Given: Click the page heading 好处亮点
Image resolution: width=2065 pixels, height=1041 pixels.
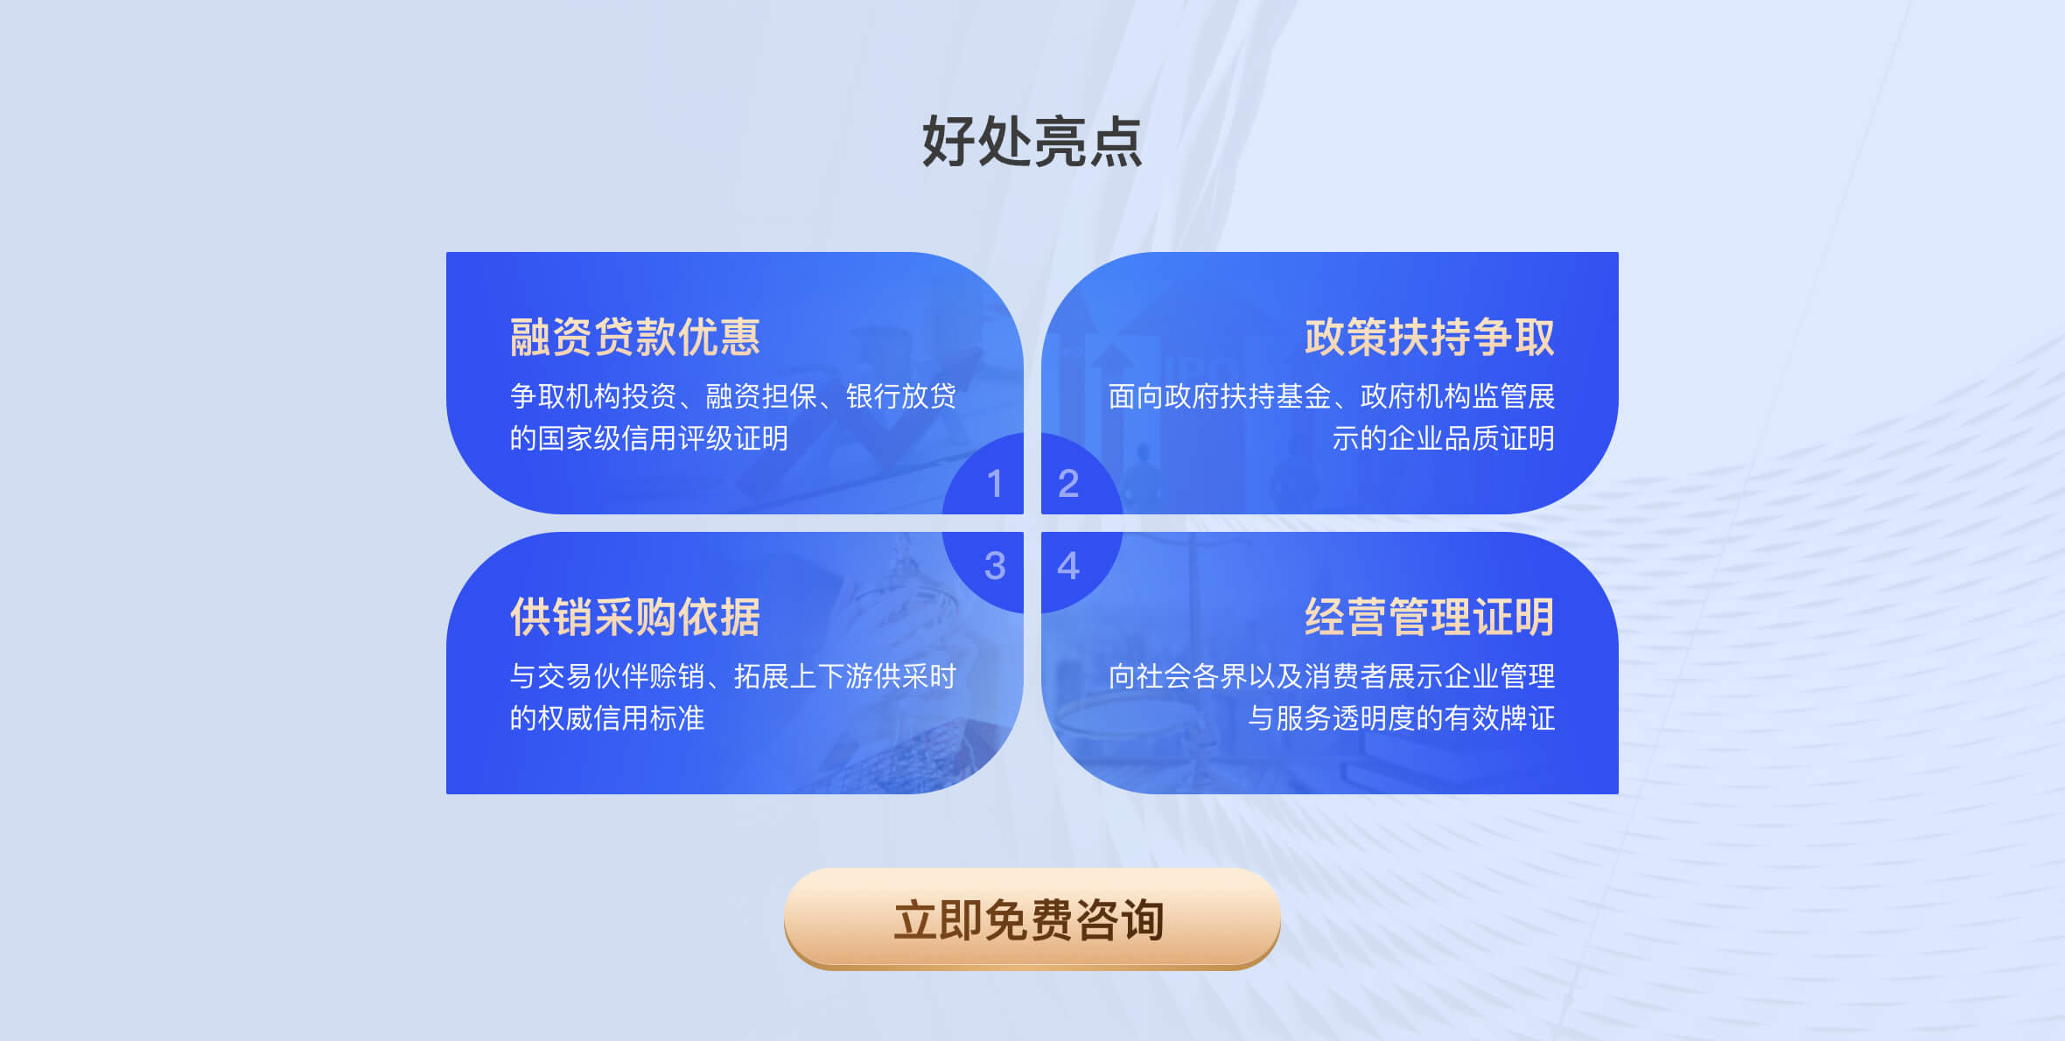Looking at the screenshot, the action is (1032, 141).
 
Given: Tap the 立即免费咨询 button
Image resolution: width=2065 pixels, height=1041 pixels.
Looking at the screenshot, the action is (1032, 919).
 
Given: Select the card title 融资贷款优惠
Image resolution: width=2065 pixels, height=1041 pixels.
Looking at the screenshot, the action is (635, 337).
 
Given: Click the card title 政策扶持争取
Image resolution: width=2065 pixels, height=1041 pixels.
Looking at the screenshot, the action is (1430, 337).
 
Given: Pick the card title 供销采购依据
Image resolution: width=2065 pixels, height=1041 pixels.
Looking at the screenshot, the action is (635, 617).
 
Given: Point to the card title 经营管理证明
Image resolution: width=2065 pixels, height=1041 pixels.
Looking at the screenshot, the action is (1430, 617).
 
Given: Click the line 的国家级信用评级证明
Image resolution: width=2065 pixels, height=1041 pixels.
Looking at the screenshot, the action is (649, 438).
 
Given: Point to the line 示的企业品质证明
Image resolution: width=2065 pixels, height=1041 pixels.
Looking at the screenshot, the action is (1444, 438).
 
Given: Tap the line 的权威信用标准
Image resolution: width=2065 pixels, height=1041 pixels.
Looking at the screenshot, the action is (607, 718).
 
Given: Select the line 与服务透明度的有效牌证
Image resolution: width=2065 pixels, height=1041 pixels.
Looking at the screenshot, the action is (1402, 718).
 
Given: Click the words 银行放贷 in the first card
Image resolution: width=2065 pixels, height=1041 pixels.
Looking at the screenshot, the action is (901, 396).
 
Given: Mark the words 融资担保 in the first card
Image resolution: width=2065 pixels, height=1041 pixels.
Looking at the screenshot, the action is (761, 396).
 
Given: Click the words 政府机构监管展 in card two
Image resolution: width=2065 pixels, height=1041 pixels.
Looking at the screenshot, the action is (1458, 396).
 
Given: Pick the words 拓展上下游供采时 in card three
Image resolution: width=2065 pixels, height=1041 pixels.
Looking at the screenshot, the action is (845, 676).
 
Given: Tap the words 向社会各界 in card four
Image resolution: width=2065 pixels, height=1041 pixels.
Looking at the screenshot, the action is (1178, 676).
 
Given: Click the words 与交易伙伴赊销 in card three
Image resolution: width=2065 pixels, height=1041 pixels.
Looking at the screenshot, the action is (607, 676).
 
